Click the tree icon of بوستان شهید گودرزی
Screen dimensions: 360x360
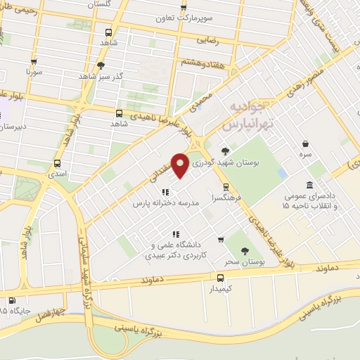[x=225, y=151]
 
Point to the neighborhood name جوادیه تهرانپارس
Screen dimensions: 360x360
[x=247, y=115]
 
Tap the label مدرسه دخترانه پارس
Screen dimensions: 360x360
[x=167, y=202]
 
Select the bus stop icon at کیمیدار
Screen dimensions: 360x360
[x=221, y=277]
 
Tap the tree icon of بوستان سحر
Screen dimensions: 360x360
[x=245, y=250]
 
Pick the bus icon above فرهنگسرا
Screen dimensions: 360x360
[x=225, y=187]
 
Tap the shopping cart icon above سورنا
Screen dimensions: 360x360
[x=35, y=60]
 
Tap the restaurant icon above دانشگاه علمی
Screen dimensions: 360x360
[x=176, y=234]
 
